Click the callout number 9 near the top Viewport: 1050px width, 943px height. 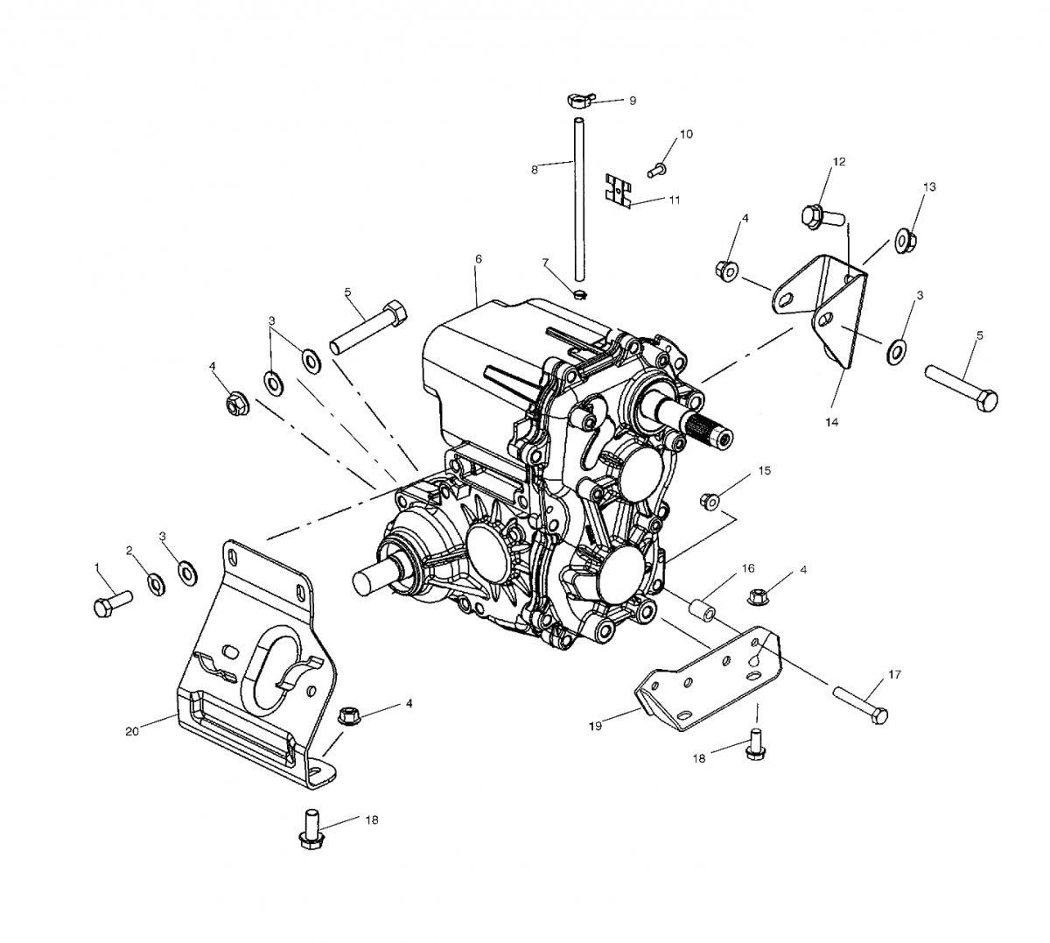point(633,101)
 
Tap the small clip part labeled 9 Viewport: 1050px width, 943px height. point(579,100)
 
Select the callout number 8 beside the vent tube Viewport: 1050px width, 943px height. point(535,169)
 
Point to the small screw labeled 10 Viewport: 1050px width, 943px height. point(656,169)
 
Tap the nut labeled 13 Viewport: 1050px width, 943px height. point(906,240)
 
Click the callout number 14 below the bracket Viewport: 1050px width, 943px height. point(831,422)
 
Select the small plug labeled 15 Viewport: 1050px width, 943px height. point(709,501)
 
